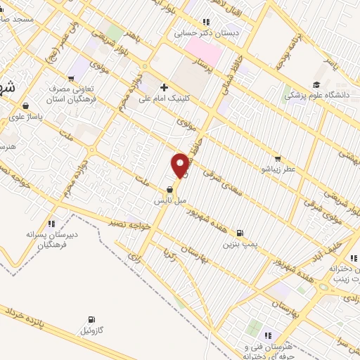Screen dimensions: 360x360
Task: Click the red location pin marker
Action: [180, 165]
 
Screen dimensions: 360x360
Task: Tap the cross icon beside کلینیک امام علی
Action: [164, 87]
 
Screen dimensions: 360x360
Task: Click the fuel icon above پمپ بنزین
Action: [241, 233]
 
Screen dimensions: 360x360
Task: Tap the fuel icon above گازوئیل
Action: [92, 319]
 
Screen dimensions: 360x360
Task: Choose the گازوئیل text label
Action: [92, 330]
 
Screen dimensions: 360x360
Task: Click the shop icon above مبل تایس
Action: [170, 190]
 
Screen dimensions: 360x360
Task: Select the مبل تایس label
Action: [171, 200]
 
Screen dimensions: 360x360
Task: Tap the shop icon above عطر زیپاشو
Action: [278, 159]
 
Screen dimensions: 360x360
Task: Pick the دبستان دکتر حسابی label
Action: [209, 32]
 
